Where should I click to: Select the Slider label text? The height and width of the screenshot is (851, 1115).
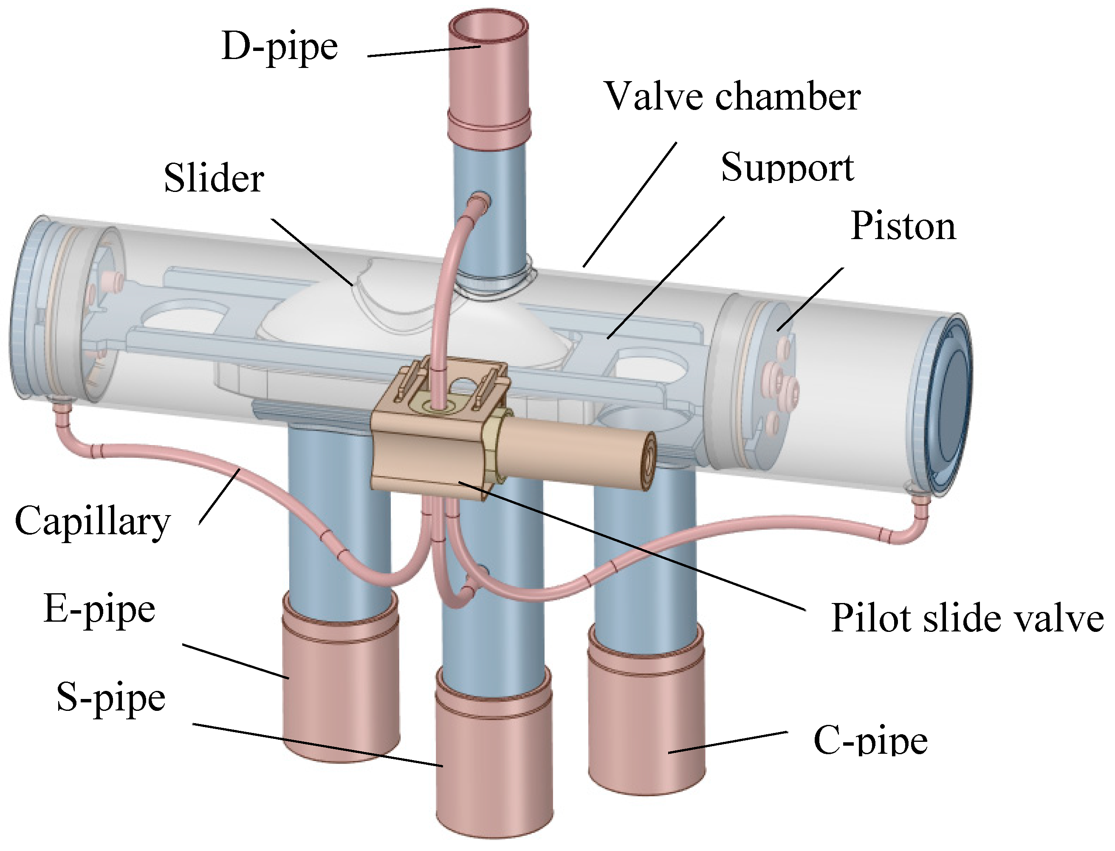point(214,178)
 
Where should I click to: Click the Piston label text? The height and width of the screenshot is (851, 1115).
point(903,225)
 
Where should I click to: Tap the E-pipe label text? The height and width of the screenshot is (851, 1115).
point(100,610)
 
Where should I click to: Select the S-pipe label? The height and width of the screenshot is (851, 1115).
point(111,698)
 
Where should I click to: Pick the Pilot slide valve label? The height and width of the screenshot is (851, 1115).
point(967,618)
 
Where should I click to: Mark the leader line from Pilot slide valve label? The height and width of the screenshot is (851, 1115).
point(633,547)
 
